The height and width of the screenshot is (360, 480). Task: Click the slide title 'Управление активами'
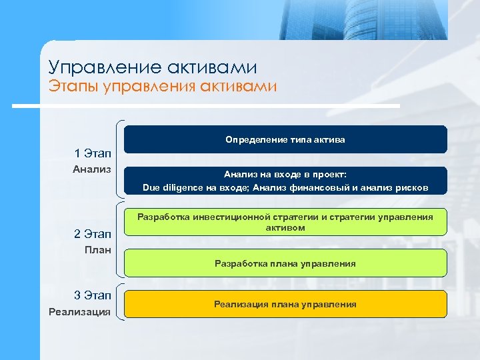153,67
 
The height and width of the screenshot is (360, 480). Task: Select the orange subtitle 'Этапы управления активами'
162,87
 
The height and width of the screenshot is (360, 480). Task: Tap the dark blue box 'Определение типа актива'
285,139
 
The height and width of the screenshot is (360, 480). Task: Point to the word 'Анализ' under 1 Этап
91,169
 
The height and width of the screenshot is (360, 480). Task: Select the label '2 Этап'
93,234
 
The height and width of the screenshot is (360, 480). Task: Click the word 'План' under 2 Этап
97,249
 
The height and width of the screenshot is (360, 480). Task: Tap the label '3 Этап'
93,295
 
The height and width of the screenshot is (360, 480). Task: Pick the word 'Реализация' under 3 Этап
80,311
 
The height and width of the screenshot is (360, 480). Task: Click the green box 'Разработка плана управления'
285,263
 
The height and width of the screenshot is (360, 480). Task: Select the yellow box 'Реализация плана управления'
285,304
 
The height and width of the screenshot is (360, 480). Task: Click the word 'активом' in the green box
285,228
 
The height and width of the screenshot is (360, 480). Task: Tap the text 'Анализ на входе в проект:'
285,175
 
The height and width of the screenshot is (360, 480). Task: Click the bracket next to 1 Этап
119,159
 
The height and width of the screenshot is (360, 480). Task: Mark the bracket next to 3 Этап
119,303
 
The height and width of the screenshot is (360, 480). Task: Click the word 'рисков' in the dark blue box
412,188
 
